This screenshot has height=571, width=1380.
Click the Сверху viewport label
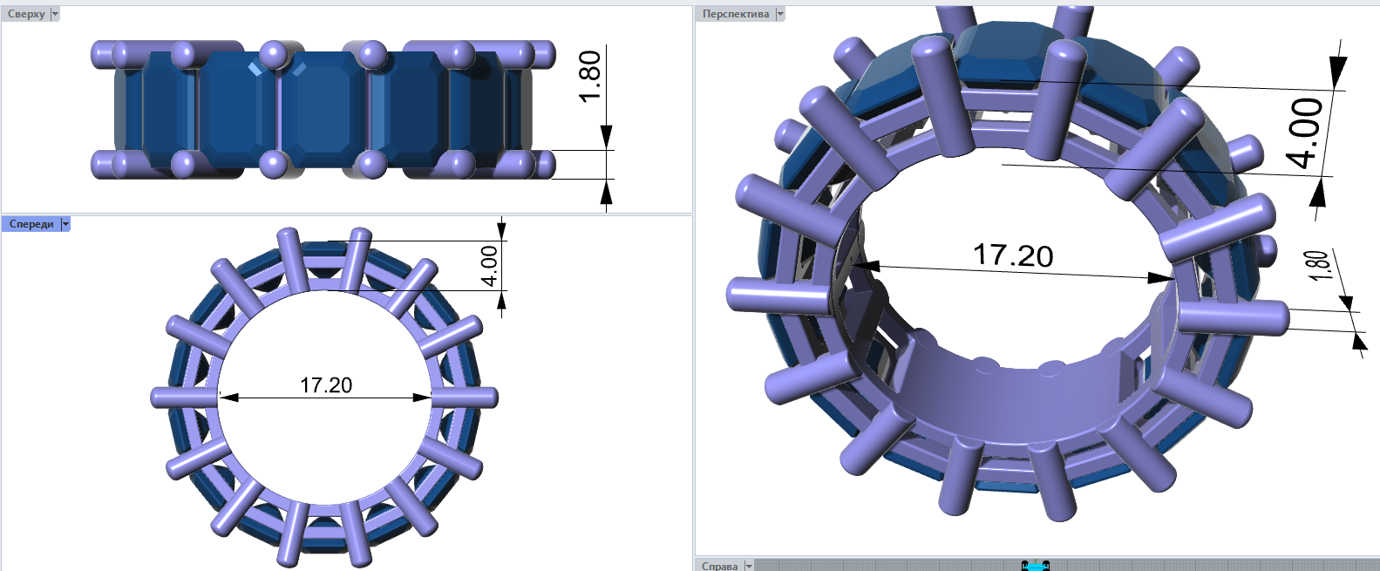[26, 14]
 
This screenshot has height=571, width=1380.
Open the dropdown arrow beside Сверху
[55, 14]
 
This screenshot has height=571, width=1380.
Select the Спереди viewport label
[31, 224]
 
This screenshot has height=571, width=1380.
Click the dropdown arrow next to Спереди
[65, 224]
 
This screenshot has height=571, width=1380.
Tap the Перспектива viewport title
[736, 14]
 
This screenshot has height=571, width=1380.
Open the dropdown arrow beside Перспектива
[780, 14]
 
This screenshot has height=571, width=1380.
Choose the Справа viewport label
[719, 566]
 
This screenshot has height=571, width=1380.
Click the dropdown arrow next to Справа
[749, 566]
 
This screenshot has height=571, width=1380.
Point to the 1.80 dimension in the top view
[589, 77]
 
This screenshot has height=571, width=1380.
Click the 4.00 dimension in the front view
[489, 266]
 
